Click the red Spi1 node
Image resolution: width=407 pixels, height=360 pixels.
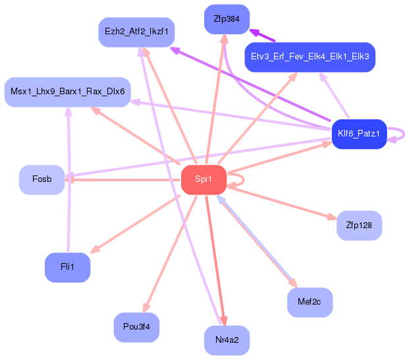point(203,179)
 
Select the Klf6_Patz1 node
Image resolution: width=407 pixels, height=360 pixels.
point(359,134)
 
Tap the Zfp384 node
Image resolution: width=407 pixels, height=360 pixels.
point(227,19)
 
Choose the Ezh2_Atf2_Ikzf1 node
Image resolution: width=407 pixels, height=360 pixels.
point(136,32)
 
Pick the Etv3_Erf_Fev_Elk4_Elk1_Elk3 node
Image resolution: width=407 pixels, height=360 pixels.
point(310,57)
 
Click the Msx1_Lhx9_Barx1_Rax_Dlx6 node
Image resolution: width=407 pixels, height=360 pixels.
point(67,92)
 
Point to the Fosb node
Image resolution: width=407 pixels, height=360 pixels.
point(41,179)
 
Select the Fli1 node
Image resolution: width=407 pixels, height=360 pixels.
point(67,268)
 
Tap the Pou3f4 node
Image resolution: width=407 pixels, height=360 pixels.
point(136,327)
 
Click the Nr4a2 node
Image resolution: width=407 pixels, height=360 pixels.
point(227,340)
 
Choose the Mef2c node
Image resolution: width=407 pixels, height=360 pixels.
point(310,302)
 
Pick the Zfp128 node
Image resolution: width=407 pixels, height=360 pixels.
point(359,225)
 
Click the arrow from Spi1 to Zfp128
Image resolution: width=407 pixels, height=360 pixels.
point(282,202)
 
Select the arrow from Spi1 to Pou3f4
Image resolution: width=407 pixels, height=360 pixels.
point(170,255)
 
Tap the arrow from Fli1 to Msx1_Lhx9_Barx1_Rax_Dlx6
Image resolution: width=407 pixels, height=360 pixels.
point(68,179)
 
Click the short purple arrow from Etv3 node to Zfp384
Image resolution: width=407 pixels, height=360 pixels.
point(262,35)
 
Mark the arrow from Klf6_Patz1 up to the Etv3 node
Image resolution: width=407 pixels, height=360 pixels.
point(335,95)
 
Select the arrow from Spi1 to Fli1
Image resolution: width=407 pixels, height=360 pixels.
point(135,224)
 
